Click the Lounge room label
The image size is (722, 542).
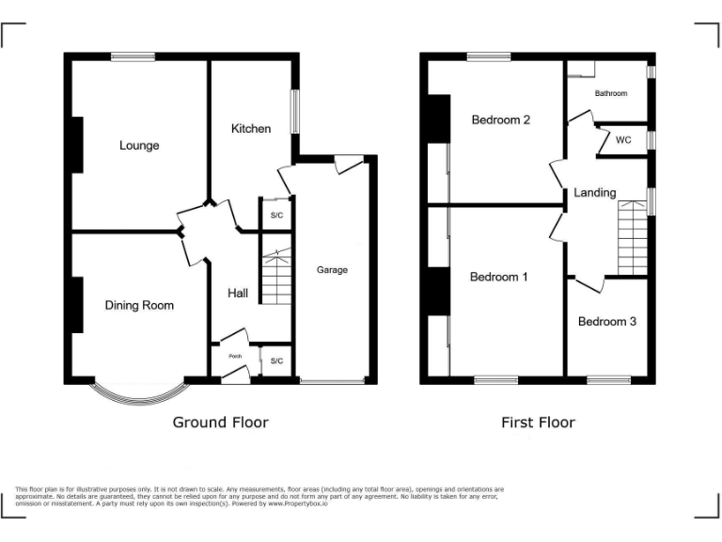tap(139, 146)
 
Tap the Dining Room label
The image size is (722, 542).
tap(139, 305)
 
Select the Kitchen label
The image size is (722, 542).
tap(251, 128)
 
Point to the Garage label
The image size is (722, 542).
tap(332, 270)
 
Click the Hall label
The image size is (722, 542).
tap(238, 294)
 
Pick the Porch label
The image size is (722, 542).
tap(234, 357)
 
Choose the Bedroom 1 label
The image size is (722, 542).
tap(498, 277)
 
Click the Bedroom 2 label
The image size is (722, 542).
tap(501, 120)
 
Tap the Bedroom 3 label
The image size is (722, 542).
tap(606, 321)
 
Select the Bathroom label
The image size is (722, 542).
tap(610, 94)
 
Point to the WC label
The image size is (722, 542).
tap(623, 140)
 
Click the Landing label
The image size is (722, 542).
tap(595, 193)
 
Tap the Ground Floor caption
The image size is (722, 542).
tap(220, 422)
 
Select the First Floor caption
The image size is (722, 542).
tap(538, 422)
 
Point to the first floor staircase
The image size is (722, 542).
tap(633, 241)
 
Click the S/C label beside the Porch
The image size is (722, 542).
tap(276, 360)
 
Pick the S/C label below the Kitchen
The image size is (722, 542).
tap(276, 215)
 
